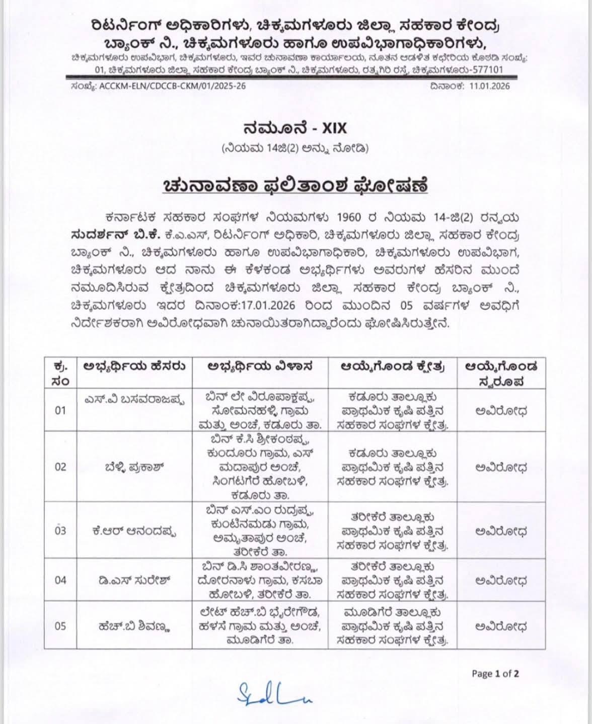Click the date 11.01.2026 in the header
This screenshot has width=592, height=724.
[490, 86]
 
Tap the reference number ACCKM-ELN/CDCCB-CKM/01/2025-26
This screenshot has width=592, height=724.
[173, 86]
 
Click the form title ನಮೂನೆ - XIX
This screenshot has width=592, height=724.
[295, 128]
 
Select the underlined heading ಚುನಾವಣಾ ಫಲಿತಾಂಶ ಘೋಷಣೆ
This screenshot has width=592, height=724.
[295, 186]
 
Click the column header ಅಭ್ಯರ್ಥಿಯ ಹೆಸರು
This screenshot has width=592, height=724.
[134, 367]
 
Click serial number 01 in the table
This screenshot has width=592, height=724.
[60, 410]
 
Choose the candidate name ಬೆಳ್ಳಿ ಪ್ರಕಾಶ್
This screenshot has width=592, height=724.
[132, 467]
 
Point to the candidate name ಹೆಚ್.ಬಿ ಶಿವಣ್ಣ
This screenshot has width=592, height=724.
[134, 626]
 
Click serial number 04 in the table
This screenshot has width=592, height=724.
[60, 580]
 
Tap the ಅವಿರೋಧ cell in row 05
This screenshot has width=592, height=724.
[501, 626]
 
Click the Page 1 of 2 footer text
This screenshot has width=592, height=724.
[495, 674]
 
